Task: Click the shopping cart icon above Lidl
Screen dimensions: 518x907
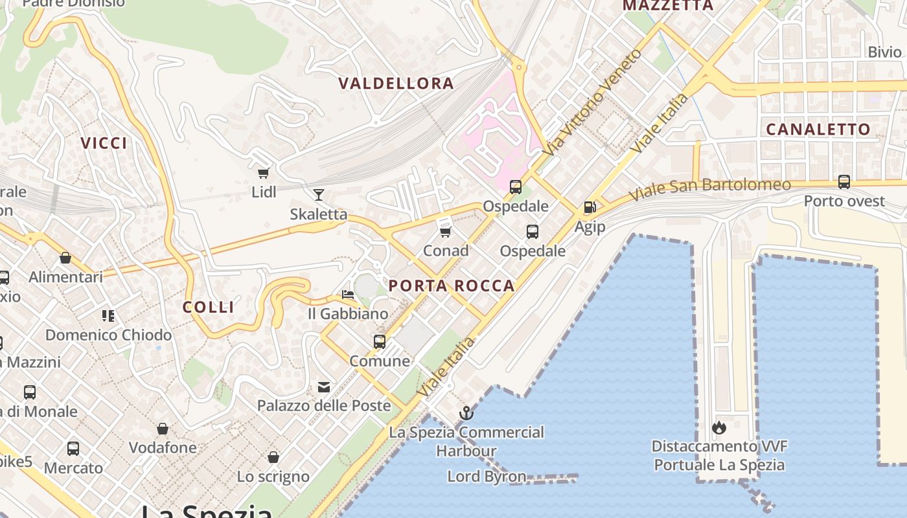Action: tap(264, 173)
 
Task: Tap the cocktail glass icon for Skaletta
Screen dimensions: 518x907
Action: tap(318, 195)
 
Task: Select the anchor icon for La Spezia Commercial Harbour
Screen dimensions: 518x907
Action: tap(466, 412)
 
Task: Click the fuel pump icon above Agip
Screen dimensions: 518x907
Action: tap(590, 207)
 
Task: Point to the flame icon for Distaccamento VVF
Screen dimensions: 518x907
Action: tap(718, 427)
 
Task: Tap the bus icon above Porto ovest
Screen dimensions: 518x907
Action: tap(844, 182)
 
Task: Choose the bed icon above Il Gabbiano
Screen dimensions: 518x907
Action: tap(348, 295)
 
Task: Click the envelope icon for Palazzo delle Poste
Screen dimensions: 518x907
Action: tap(324, 387)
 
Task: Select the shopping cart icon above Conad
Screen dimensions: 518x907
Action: tap(445, 231)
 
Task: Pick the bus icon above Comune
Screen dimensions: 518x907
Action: tap(380, 341)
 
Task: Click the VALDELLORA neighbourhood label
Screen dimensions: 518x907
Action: tap(396, 84)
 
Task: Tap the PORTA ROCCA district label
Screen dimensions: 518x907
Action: tap(452, 286)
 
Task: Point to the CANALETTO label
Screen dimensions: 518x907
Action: tap(818, 129)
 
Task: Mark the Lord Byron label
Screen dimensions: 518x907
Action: tap(487, 477)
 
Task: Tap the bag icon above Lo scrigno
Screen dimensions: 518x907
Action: tap(273, 457)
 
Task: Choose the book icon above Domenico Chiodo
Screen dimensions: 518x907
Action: tap(108, 316)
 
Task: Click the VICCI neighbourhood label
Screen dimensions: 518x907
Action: tap(104, 143)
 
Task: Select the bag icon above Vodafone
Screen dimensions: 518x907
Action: tap(163, 429)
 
